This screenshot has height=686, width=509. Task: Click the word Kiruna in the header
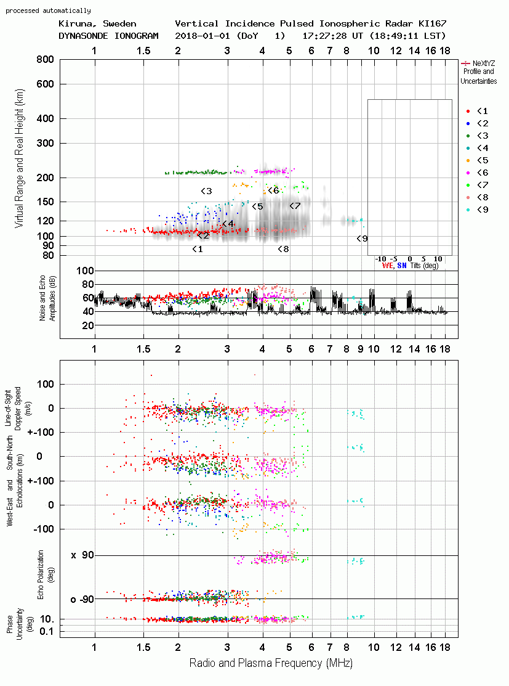(x=74, y=24)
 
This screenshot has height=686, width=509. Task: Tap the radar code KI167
(x=433, y=23)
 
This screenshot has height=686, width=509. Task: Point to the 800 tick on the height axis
(x=45, y=60)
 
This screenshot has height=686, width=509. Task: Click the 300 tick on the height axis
(x=45, y=143)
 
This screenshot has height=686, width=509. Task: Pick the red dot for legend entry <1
(x=468, y=111)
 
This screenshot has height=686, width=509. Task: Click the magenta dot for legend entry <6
(x=468, y=173)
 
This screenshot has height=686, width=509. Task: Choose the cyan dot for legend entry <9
(x=468, y=210)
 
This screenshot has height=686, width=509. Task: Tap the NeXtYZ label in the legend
(x=484, y=63)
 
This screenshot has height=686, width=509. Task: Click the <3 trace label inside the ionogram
(x=206, y=191)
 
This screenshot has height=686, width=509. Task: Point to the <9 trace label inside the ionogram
(x=362, y=239)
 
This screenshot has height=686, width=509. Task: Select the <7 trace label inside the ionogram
(x=295, y=206)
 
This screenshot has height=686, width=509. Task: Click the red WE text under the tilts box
(x=387, y=266)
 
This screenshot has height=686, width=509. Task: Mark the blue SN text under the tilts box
(x=401, y=266)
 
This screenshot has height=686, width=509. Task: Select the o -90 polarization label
(x=82, y=599)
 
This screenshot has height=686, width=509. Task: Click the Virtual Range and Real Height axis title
(x=19, y=158)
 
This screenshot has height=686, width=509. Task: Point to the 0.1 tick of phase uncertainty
(x=46, y=631)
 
